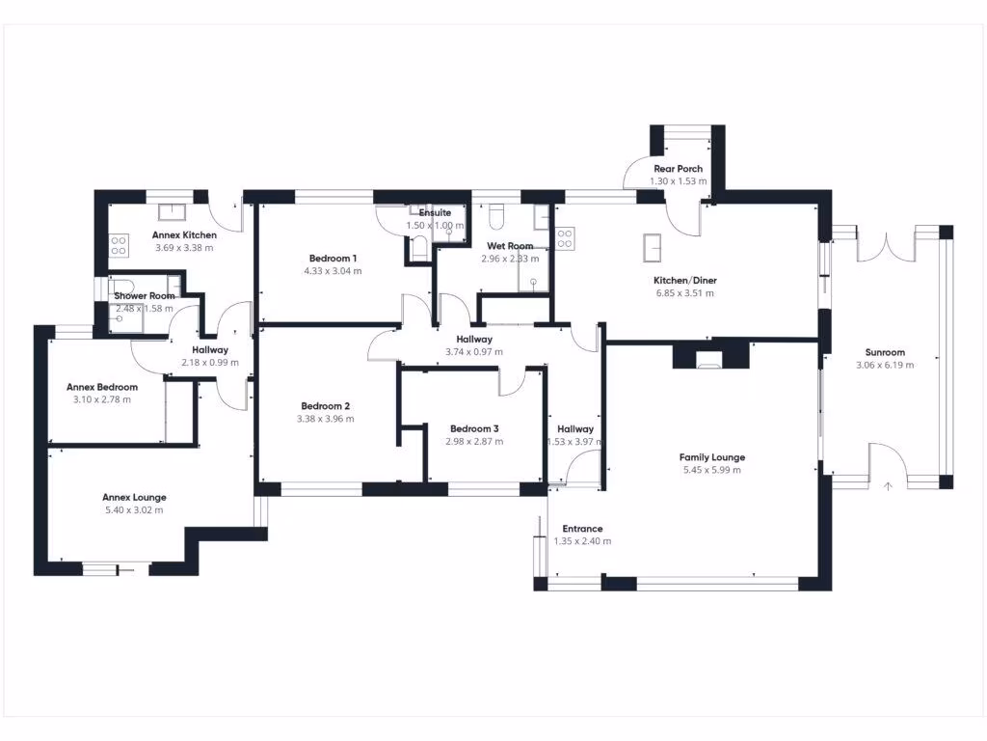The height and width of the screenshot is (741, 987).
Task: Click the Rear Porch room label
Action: coord(678,169)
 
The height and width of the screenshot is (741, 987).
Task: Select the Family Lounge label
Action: coord(711,457)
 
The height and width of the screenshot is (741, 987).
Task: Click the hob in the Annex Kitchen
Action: coord(120,246)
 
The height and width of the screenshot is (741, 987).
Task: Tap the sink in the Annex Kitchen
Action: coord(173,212)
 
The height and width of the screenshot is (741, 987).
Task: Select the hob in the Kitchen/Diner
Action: coord(564,237)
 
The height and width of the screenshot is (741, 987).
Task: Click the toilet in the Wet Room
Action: coord(496,213)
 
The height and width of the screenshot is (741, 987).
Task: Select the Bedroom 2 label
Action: coord(325,406)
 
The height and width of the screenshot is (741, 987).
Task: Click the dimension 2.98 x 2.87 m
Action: coord(474,441)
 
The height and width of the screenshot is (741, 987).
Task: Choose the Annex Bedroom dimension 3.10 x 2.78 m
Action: coord(102,399)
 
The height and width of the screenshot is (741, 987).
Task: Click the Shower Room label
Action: coord(145,296)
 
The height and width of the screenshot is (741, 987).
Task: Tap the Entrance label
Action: coord(582,529)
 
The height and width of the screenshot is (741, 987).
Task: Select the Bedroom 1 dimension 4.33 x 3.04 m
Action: coord(333,271)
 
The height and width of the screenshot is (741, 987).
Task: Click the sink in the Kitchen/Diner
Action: coord(652,248)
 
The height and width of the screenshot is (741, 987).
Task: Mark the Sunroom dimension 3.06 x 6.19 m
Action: coord(885,365)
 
